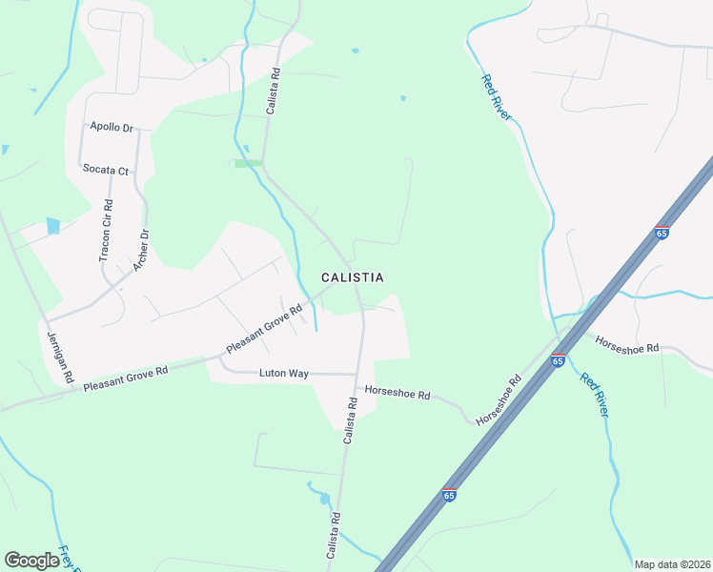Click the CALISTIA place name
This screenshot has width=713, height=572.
tap(353, 277)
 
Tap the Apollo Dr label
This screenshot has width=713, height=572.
tap(112, 127)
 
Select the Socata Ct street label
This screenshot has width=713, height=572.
tap(105, 170)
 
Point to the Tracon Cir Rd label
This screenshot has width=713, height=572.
tap(107, 232)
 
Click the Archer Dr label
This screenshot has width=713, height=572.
tap(142, 250)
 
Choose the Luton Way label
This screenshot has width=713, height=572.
tap(284, 374)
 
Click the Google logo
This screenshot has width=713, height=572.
tap(31, 560)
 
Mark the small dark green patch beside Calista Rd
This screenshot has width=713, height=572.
tap(248, 163)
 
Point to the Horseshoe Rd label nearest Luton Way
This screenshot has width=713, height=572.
tap(397, 394)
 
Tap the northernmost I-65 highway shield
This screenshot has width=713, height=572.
tap(662, 233)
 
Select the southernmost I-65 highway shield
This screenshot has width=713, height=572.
tap(449, 495)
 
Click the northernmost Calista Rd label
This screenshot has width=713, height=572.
tap(273, 92)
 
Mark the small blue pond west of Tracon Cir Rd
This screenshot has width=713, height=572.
tap(52, 226)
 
